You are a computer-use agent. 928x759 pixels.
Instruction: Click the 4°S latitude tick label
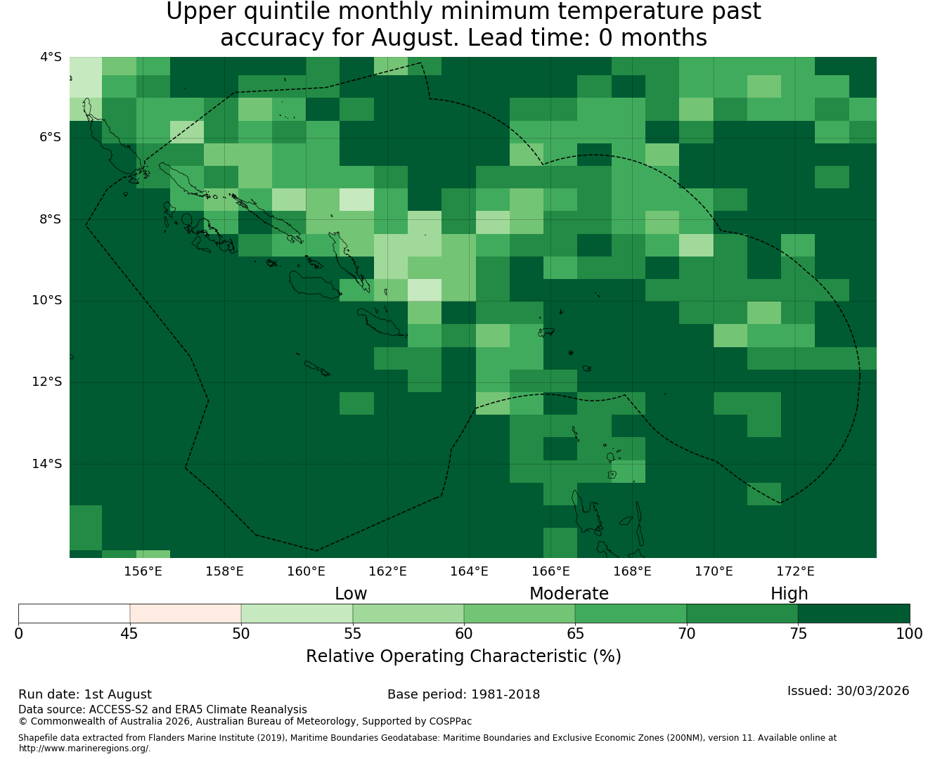pyautogui.click(x=51, y=57)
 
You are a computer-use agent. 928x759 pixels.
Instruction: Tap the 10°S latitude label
pyautogui.click(x=46, y=301)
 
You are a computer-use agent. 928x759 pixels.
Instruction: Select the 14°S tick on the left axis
pyautogui.click(x=46, y=464)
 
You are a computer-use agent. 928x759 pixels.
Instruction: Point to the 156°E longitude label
pyautogui.click(x=143, y=571)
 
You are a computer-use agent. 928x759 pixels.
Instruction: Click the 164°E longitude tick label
pyautogui.click(x=469, y=571)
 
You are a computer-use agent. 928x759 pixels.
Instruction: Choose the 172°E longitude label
pyautogui.click(x=795, y=571)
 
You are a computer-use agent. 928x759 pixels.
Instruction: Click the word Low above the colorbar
pyautogui.click(x=351, y=594)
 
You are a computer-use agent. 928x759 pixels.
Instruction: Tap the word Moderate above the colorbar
pyautogui.click(x=569, y=594)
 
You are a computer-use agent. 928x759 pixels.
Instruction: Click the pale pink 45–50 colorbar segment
pyautogui.click(x=185, y=614)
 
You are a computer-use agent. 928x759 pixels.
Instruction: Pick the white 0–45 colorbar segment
pyautogui.click(x=75, y=614)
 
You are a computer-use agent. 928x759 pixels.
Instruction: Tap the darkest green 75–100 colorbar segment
pyautogui.click(x=853, y=614)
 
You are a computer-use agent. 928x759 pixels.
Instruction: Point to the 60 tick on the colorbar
pyautogui.click(x=464, y=634)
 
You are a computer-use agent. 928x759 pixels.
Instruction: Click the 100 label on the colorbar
pyautogui.click(x=909, y=634)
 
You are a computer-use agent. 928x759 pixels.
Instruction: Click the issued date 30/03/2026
pyautogui.click(x=872, y=691)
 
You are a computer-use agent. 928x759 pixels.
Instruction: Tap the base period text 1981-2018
pyautogui.click(x=505, y=694)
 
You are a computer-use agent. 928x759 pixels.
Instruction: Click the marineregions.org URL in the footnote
pyautogui.click(x=84, y=748)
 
